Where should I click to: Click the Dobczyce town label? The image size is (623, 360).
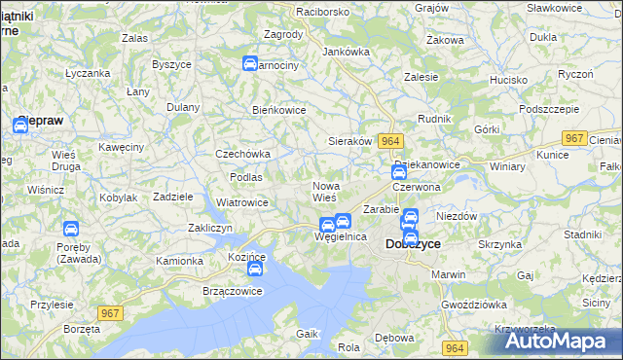[414, 244]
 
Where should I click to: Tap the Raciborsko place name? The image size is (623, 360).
[297, 11]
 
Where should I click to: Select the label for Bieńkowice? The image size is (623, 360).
[279, 110]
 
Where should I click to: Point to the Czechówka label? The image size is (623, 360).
[242, 154]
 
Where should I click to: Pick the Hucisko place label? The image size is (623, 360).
[508, 80]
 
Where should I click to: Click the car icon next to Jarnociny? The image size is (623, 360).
[249, 64]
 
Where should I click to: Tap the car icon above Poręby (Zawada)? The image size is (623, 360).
[70, 230]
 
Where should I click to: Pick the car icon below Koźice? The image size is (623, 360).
[255, 268]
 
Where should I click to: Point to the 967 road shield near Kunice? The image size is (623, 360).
[574, 139]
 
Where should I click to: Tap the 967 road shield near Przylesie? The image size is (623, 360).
[110, 312]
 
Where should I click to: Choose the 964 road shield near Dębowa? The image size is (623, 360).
[453, 347]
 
